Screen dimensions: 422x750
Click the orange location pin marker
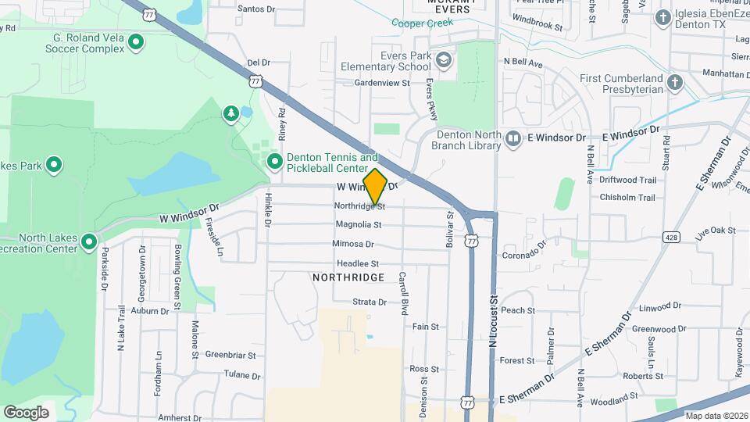coord(375,186)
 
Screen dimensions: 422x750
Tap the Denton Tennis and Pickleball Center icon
coord(275,162)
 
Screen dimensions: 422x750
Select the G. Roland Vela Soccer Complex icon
coord(136,41)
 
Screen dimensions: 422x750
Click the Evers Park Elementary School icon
coord(445,60)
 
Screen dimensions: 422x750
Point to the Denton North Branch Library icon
coord(513,138)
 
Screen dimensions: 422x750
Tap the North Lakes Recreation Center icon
coord(89,241)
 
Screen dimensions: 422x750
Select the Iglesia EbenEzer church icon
coord(663,17)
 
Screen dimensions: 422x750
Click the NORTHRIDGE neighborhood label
coord(348,277)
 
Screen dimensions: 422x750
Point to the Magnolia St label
coord(359,224)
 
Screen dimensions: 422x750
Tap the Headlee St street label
coord(358,264)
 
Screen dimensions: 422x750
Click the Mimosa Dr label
coord(354,244)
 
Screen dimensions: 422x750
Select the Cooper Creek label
coord(423,23)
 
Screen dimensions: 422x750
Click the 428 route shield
coord(671,235)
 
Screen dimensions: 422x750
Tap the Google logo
coord(26,412)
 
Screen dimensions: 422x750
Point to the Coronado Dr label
coord(523,253)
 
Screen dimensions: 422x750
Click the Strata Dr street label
coord(370,302)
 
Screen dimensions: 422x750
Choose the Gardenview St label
coord(382,82)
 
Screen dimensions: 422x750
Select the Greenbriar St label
coord(230,354)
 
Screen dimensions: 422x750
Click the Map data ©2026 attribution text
coord(716,416)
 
